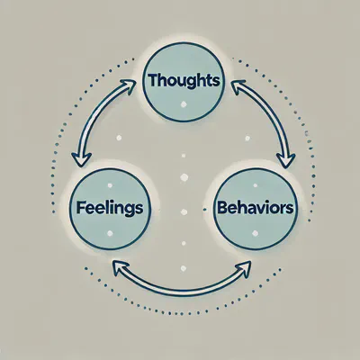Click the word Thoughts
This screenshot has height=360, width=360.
183,79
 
